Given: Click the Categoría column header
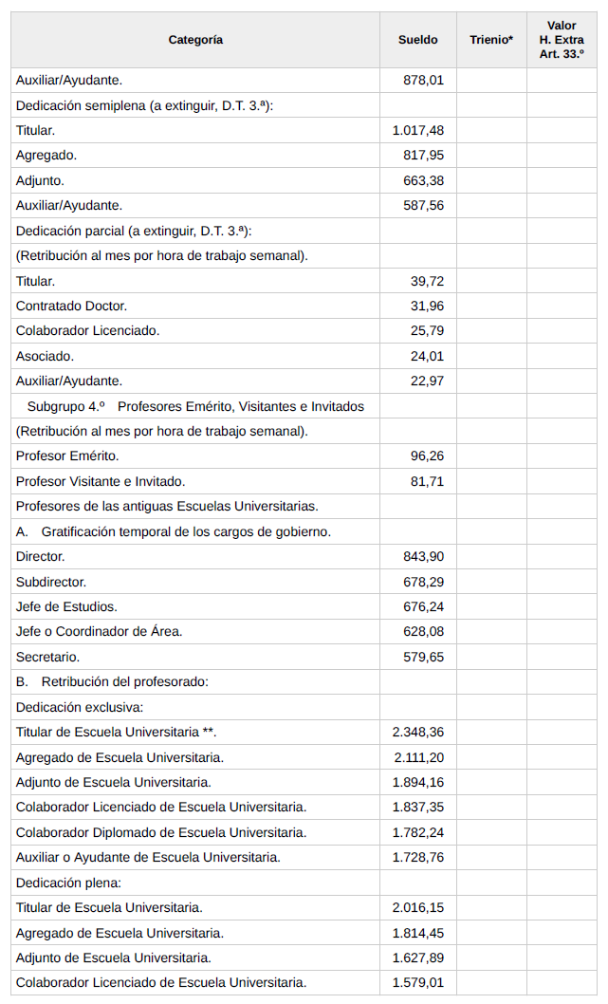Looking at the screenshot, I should click(195, 40).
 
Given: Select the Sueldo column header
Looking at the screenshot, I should click(417, 40).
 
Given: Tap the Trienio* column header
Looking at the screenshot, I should click(491, 40).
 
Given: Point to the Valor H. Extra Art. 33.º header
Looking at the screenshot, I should click(562, 40).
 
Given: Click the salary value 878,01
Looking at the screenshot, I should click(423, 81).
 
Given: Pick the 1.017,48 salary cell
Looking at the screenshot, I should click(417, 131).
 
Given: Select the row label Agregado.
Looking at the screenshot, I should click(46, 156).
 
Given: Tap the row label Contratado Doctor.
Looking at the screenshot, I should click(71, 306).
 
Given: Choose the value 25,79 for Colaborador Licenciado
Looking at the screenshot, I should click(427, 331).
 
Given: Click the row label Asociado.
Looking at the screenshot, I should click(45, 356).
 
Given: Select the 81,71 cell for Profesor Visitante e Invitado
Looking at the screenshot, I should click(427, 481).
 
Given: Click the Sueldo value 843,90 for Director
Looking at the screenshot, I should click(423, 556).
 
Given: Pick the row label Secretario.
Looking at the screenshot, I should click(47, 657).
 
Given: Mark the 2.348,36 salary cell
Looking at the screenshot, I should click(417, 732).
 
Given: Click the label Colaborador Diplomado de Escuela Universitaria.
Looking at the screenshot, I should click(161, 832).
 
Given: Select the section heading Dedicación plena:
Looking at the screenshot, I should click(65, 883).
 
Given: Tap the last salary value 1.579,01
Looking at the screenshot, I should click(417, 982).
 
